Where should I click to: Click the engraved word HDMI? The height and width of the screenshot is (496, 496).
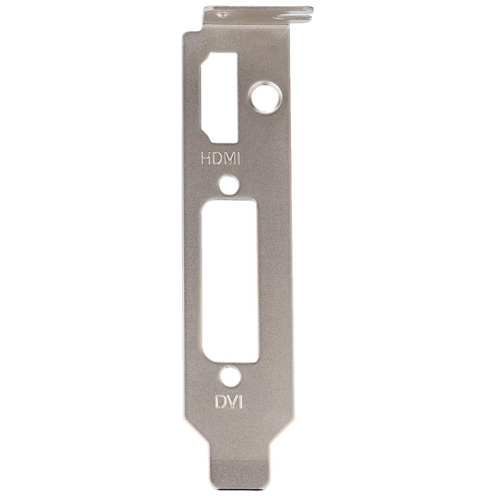tap(220, 158)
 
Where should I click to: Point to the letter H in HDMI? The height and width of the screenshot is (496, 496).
tap(206, 158)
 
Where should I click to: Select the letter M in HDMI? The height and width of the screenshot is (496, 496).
tap(228, 158)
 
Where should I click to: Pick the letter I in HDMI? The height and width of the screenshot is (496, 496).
tap(237, 158)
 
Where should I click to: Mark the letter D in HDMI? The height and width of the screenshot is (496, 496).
tap(216, 158)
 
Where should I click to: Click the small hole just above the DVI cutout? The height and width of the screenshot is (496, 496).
tap(230, 184)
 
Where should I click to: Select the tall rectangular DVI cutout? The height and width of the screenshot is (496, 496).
tap(230, 280)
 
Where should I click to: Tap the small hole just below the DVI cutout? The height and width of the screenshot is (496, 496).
tap(230, 376)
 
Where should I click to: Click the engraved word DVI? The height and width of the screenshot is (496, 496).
tap(229, 402)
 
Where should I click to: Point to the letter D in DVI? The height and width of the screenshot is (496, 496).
tap(220, 402)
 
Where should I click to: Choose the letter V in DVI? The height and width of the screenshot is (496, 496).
tap(231, 402)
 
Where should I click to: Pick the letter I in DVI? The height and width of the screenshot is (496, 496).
tap(240, 402)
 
